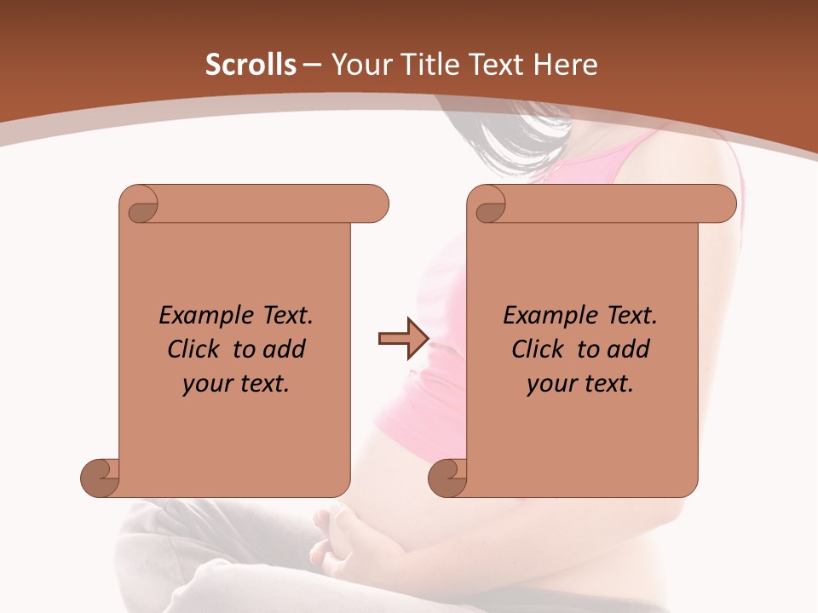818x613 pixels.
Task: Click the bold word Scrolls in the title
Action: (x=251, y=65)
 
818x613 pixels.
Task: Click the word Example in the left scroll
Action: (x=202, y=316)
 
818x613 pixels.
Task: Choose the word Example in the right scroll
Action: (x=546, y=316)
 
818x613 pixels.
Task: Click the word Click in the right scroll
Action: (x=538, y=350)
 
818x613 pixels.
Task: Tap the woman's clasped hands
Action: (x=345, y=541)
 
